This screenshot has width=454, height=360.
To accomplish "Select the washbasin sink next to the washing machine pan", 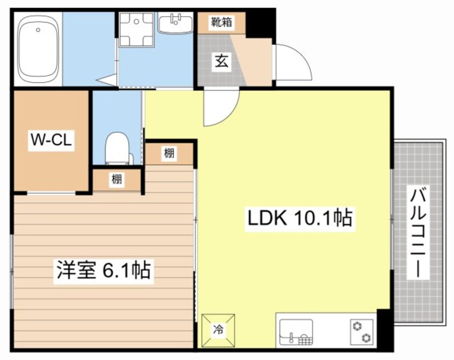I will pos(175,24).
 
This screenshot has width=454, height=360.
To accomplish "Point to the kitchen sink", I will pos(295,332).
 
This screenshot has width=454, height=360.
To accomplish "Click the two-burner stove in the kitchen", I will pos(362,331).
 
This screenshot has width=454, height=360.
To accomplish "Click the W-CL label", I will pos(50,141).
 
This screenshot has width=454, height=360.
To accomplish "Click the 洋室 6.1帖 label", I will pos(104,269).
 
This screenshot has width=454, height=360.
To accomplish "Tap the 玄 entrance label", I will pos(222,61).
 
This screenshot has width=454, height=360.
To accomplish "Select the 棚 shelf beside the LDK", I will pos(169,153).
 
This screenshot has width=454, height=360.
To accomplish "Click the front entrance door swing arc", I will pos(292,62).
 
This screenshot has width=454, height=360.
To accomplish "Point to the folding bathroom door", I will pos(107,80).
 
